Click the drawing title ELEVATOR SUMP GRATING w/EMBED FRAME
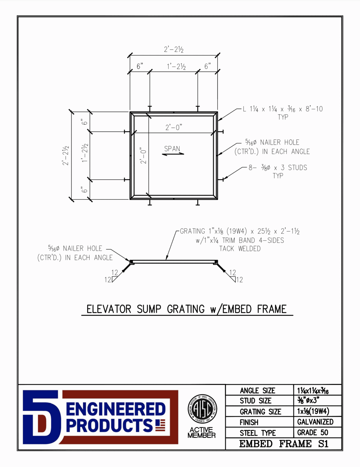pos(187,309)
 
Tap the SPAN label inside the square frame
pos(172,149)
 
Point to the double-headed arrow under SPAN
pos(173,154)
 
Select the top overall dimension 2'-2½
pos(173,50)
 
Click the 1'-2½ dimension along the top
pos(176,67)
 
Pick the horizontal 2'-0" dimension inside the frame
pos(173,127)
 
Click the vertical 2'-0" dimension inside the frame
pos(143,156)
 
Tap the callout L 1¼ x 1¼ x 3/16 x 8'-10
pos(283,109)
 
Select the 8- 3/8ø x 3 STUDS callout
pos(278,168)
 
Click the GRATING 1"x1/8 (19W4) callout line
pos(240,231)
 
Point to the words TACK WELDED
pos(240,249)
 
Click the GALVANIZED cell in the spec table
pos(315,422)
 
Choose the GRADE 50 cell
pos(313,433)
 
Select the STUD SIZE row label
pos(255,401)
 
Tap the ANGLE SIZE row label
pos(257,391)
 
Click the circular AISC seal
pos(202,409)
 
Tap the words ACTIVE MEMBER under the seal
pos(201,432)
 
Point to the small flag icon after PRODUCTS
pos(160,425)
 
